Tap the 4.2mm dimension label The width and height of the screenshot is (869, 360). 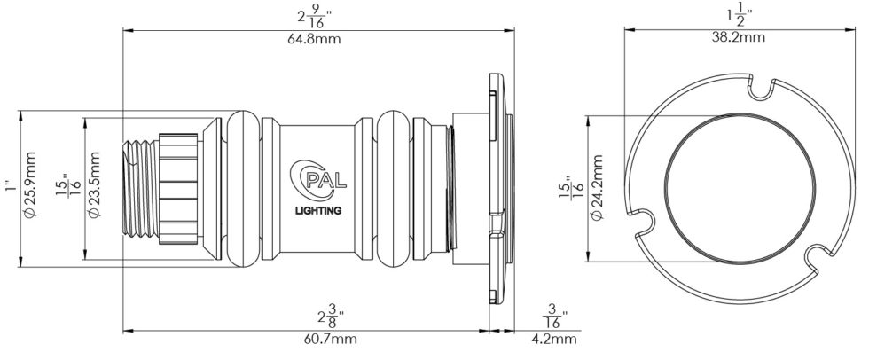point(554,339)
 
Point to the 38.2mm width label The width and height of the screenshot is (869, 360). point(739,37)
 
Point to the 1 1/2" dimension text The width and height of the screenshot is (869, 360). point(739,14)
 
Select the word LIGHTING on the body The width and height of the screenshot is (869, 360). point(317,210)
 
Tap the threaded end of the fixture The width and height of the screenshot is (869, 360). point(139,187)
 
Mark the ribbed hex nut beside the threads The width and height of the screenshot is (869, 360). point(177,187)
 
